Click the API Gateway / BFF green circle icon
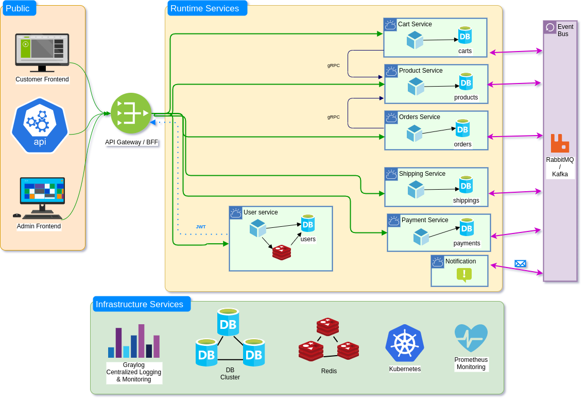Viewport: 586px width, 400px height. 131,113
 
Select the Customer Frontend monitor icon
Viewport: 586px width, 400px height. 42,52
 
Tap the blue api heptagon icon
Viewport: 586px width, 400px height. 40,125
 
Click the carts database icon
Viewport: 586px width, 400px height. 465,35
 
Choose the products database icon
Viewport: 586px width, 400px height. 466,81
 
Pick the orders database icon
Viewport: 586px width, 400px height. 462,128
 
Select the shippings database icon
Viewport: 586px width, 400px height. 466,185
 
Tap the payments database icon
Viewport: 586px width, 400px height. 467,227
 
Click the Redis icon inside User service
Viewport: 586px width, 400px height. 282,252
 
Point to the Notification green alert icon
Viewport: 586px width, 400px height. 464,275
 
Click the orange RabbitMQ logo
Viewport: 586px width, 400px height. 560,143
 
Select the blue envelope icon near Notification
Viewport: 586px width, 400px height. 520,263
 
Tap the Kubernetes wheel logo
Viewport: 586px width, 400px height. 405,343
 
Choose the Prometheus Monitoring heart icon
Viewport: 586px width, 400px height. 471,338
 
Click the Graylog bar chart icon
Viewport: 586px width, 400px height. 134,341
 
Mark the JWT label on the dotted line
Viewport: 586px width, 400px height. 201,227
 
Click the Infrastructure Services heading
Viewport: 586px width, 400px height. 140,304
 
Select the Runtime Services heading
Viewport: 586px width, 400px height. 205,8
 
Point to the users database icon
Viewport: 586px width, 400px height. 308,223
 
